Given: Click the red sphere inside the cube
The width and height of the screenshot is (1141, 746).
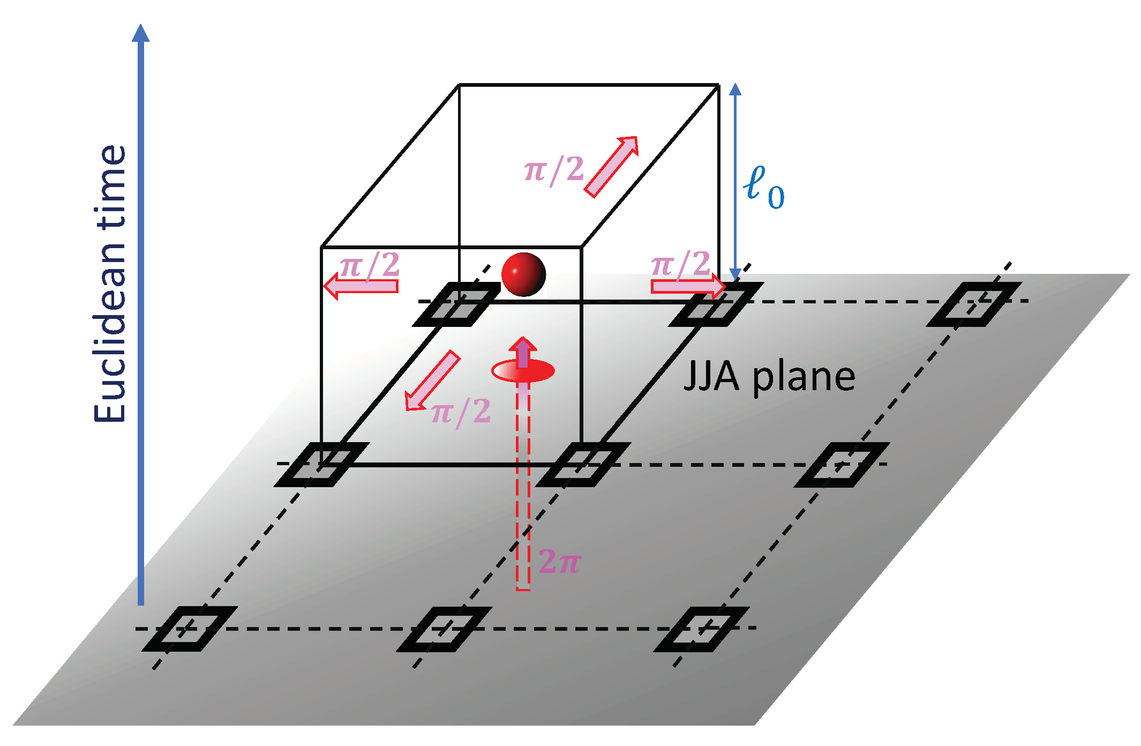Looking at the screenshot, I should click(x=523, y=274).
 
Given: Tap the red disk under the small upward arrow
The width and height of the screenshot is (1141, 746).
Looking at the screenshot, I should click(x=523, y=371).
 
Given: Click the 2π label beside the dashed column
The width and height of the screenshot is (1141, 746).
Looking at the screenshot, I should click(x=559, y=562).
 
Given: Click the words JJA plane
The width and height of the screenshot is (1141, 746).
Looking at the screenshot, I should click(x=769, y=377).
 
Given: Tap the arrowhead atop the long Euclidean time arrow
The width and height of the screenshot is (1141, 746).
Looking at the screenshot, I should click(x=141, y=33).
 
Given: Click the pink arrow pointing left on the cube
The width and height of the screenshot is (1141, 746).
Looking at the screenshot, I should click(x=362, y=286).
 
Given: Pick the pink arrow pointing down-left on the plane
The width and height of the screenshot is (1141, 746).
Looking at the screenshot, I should click(x=432, y=381).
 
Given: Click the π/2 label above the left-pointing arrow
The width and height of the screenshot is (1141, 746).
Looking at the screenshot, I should click(x=370, y=264).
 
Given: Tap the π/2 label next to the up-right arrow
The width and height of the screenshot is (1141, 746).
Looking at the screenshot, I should click(x=554, y=170).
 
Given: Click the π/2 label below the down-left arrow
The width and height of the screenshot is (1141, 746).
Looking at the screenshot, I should click(x=461, y=412).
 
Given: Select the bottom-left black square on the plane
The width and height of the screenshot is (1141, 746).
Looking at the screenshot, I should click(x=190, y=629).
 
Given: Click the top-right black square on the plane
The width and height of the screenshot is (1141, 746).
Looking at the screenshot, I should click(x=974, y=304).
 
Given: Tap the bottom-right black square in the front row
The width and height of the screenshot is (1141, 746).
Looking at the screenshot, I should click(x=701, y=629).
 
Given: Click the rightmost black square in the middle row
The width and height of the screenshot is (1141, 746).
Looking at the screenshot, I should click(x=842, y=465).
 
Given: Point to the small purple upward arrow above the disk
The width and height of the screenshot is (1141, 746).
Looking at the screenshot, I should click(x=523, y=352).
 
